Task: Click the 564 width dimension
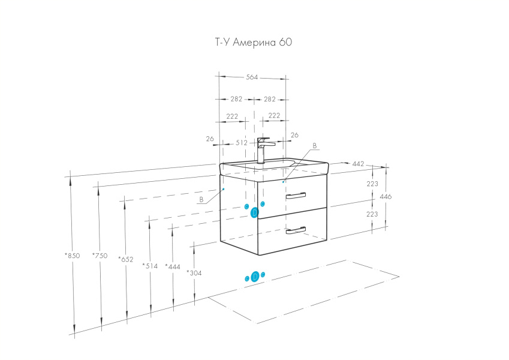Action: pos(252,77)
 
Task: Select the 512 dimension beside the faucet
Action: pos(242,143)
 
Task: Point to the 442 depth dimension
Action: pos(358,164)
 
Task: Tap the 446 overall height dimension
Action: pos(386,197)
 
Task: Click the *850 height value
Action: pos(73,256)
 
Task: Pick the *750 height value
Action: pos(100,256)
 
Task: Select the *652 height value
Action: pos(127,259)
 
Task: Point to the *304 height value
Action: pos(194,272)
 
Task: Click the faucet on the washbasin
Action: pos(263,150)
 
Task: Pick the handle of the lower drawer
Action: pos(296,230)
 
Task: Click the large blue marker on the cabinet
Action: pos(254,212)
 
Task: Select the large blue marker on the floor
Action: pos(255,277)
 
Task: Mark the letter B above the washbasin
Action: pos(314,146)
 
